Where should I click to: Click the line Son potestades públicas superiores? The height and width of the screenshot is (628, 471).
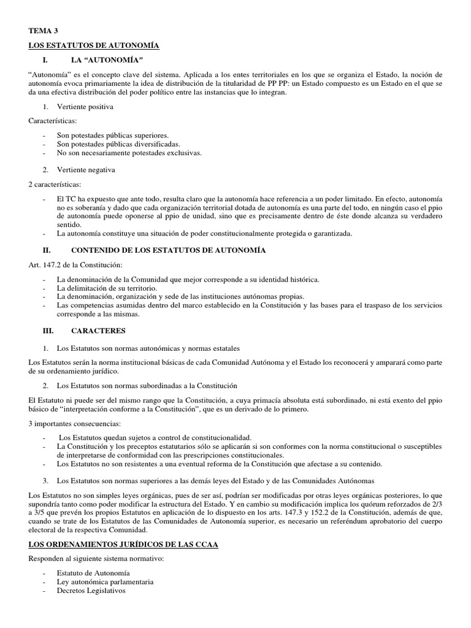coord(112,135)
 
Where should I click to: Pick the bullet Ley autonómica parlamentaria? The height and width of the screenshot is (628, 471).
coord(105,582)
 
